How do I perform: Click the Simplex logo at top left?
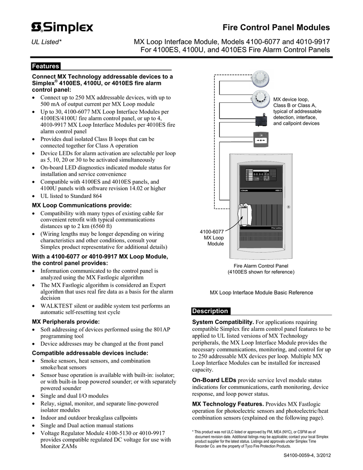coord(61,28)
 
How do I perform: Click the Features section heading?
coord(45,66)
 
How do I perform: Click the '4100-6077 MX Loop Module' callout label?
coord(212,237)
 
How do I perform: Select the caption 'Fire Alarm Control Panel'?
coord(261,266)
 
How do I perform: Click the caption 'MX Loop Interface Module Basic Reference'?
coord(261,292)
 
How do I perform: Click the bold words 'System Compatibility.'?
coord(223,322)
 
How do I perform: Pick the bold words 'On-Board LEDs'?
coord(214,380)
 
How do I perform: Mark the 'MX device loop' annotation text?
coord(292,99)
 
